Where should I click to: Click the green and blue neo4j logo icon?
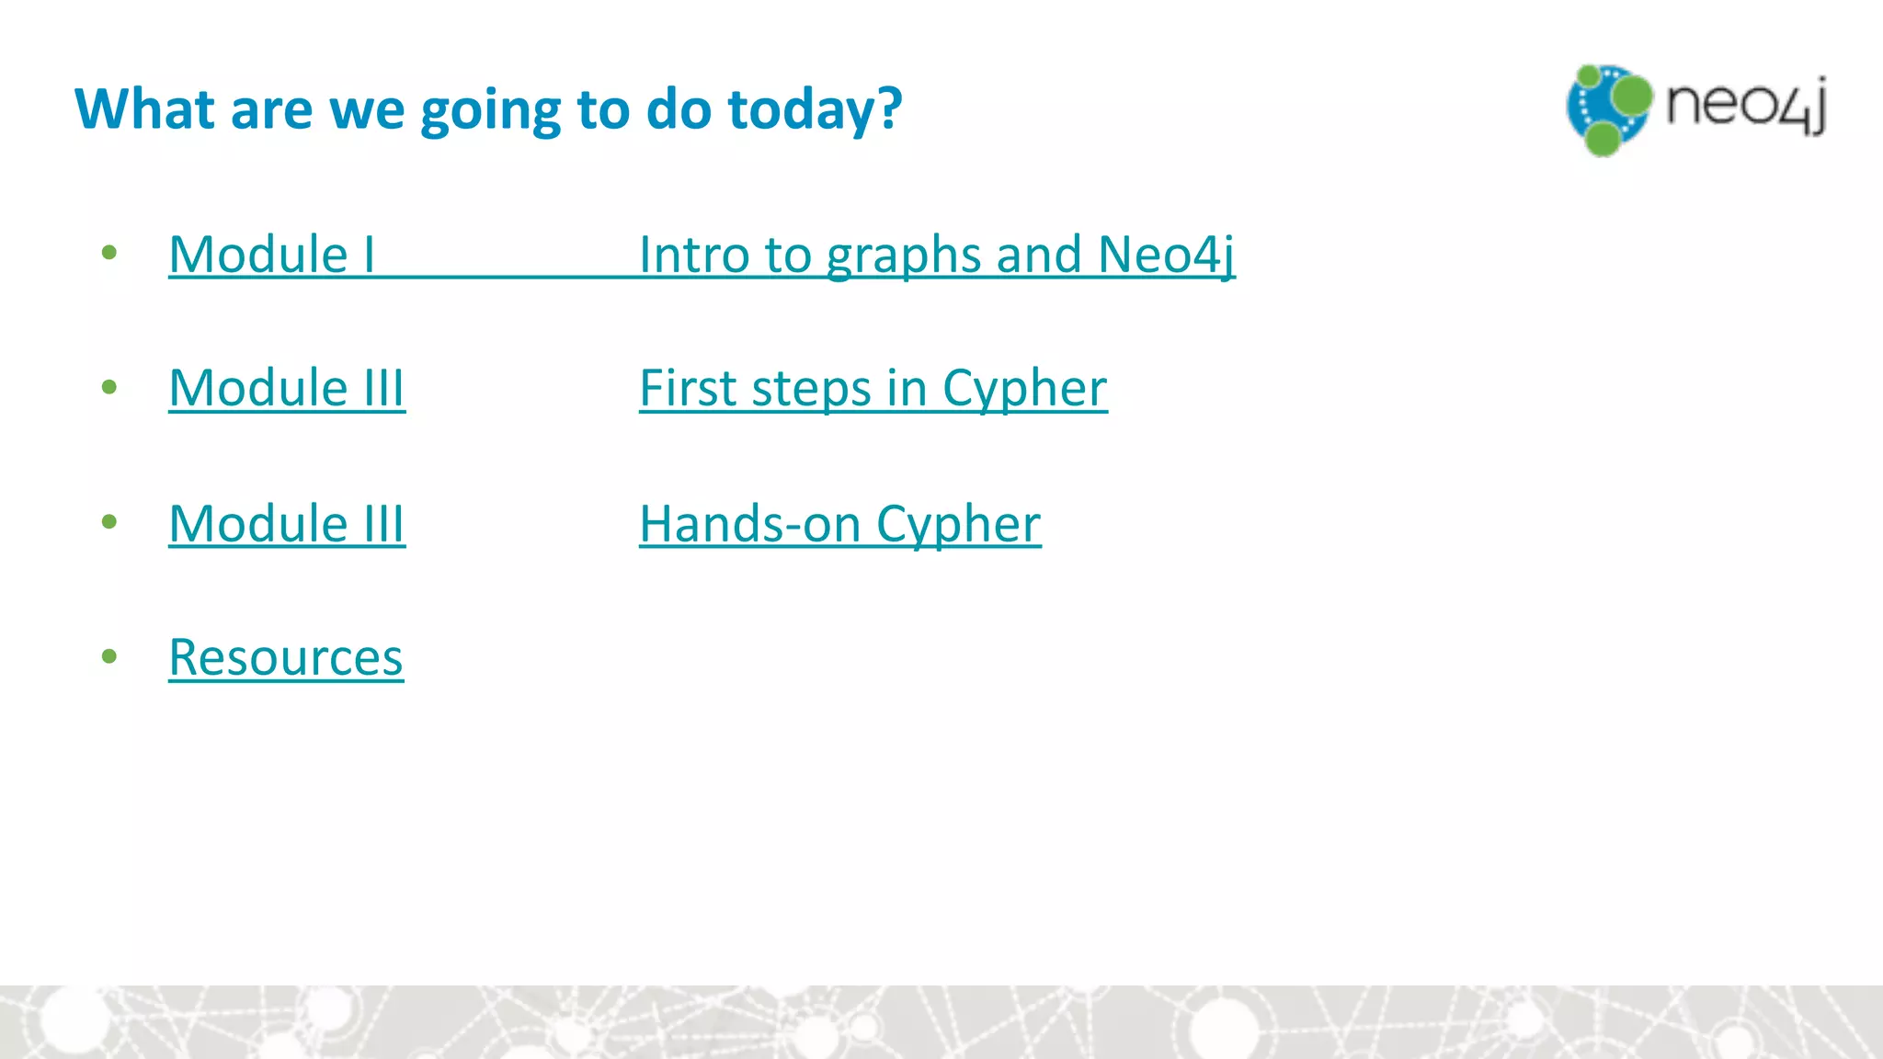(x=1608, y=109)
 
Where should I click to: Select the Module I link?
(x=272, y=255)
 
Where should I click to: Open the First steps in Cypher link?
(x=873, y=389)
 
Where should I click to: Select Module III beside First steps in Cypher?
(x=287, y=389)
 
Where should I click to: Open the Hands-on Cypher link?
(x=839, y=525)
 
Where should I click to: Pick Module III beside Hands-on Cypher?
(x=287, y=524)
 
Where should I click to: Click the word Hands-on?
(x=749, y=524)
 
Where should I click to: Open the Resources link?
(x=286, y=658)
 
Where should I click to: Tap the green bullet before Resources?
(x=110, y=656)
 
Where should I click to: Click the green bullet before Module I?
(x=110, y=253)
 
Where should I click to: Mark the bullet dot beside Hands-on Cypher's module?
(x=110, y=522)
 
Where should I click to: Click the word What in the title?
(x=144, y=109)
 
